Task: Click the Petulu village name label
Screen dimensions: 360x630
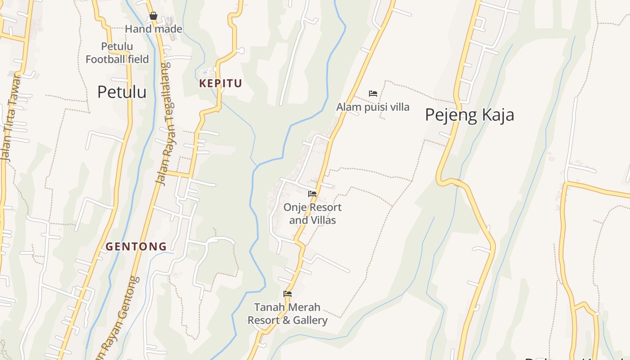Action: coord(121,92)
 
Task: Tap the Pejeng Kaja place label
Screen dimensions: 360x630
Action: coord(469,115)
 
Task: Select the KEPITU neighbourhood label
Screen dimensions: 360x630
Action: coord(220,83)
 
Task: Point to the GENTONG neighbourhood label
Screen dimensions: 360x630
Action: coord(136,247)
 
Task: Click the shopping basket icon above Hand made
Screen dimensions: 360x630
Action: coord(153,16)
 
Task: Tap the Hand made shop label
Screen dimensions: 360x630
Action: coord(153,29)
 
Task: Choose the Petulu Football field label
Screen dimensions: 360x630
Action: coord(117,53)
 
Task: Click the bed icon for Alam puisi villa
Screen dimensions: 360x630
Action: coord(373,94)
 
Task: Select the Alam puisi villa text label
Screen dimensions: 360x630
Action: coord(373,107)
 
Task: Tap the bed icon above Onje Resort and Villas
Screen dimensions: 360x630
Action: coord(312,194)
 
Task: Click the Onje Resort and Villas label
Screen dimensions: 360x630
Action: coord(312,214)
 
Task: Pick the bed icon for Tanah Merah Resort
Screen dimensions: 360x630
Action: coord(288,294)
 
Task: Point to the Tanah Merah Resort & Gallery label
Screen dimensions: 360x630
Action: coord(288,314)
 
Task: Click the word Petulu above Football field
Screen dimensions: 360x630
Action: coord(117,46)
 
